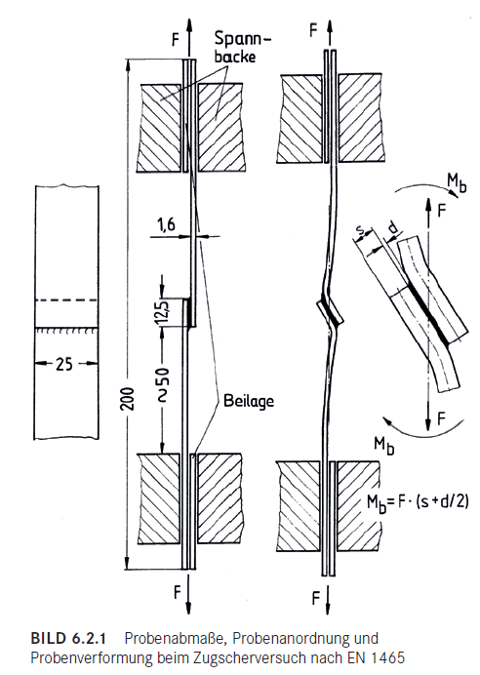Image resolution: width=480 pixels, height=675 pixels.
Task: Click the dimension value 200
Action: pos(129,399)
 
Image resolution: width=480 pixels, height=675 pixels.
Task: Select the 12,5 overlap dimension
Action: pos(162,312)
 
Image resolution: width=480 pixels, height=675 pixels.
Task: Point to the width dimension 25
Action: pos(64,364)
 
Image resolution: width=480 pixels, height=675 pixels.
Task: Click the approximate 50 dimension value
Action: pos(163,384)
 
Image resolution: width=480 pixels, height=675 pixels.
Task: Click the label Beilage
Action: pos(249,401)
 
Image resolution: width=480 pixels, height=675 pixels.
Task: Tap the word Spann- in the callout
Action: pos(243,39)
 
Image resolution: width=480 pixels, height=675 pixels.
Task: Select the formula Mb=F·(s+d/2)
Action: pos(418,501)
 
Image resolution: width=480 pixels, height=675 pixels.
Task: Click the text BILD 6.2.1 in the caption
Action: pos(68,638)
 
